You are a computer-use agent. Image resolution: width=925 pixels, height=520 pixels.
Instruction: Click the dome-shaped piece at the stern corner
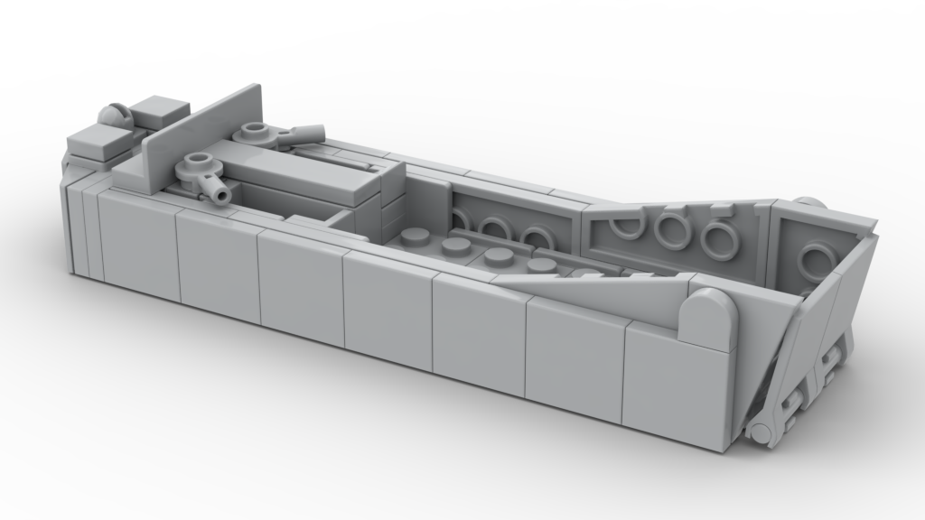click(x=114, y=116)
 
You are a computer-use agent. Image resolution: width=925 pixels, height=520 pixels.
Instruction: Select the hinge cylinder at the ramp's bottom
click(x=761, y=433)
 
